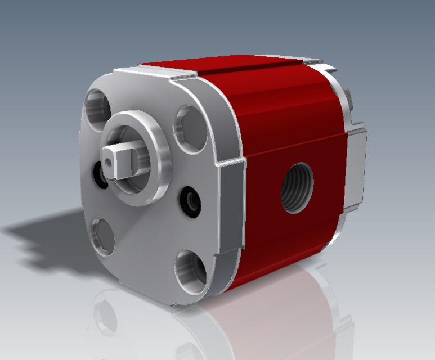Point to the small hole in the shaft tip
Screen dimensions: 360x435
(109, 163)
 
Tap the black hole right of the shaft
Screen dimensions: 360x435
(190, 200)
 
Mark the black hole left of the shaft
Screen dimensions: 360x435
(100, 178)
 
